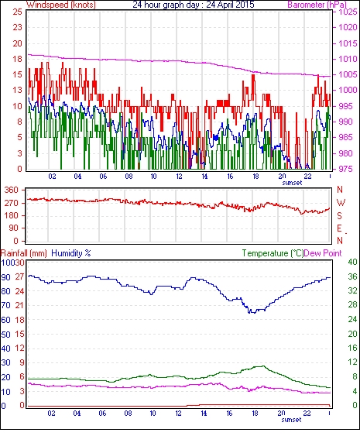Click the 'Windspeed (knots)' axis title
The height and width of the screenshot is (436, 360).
coord(61,5)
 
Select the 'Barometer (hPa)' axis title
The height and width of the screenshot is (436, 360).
coord(317,5)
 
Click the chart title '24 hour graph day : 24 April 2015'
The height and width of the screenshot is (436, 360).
coord(194,5)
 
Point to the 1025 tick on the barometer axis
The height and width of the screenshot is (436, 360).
coord(348,12)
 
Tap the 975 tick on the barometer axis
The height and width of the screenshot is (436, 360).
coord(348,169)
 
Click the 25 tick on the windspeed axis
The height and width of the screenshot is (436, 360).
coord(17,12)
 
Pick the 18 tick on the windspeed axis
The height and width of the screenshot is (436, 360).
coord(17,59)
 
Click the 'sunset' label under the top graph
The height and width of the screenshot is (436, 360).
coord(292,183)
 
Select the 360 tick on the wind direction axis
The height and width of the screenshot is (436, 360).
coord(12,191)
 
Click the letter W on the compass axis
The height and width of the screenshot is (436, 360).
coord(341,203)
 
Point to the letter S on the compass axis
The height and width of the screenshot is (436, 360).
coord(339,215)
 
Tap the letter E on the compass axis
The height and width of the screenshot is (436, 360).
coord(339,228)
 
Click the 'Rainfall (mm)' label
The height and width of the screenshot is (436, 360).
coord(24,253)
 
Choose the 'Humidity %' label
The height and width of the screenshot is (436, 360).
coord(71,253)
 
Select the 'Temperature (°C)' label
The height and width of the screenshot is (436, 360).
coord(273,253)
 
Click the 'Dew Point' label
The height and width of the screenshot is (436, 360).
coord(323,253)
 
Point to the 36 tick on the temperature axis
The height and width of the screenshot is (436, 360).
coord(352,276)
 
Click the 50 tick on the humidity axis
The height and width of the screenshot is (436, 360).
coord(6,335)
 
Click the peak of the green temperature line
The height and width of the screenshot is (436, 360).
coord(262,366)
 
